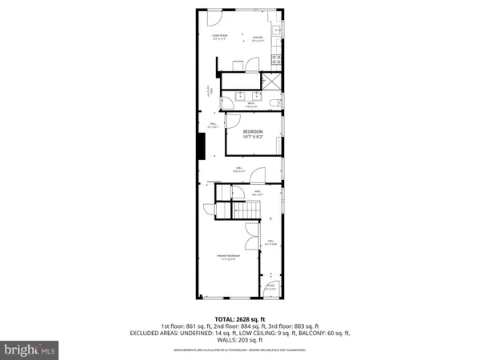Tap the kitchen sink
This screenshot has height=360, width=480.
pos(277,30)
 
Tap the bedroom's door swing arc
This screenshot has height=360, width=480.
pos(233,121)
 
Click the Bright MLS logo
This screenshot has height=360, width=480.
pos(30,349)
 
